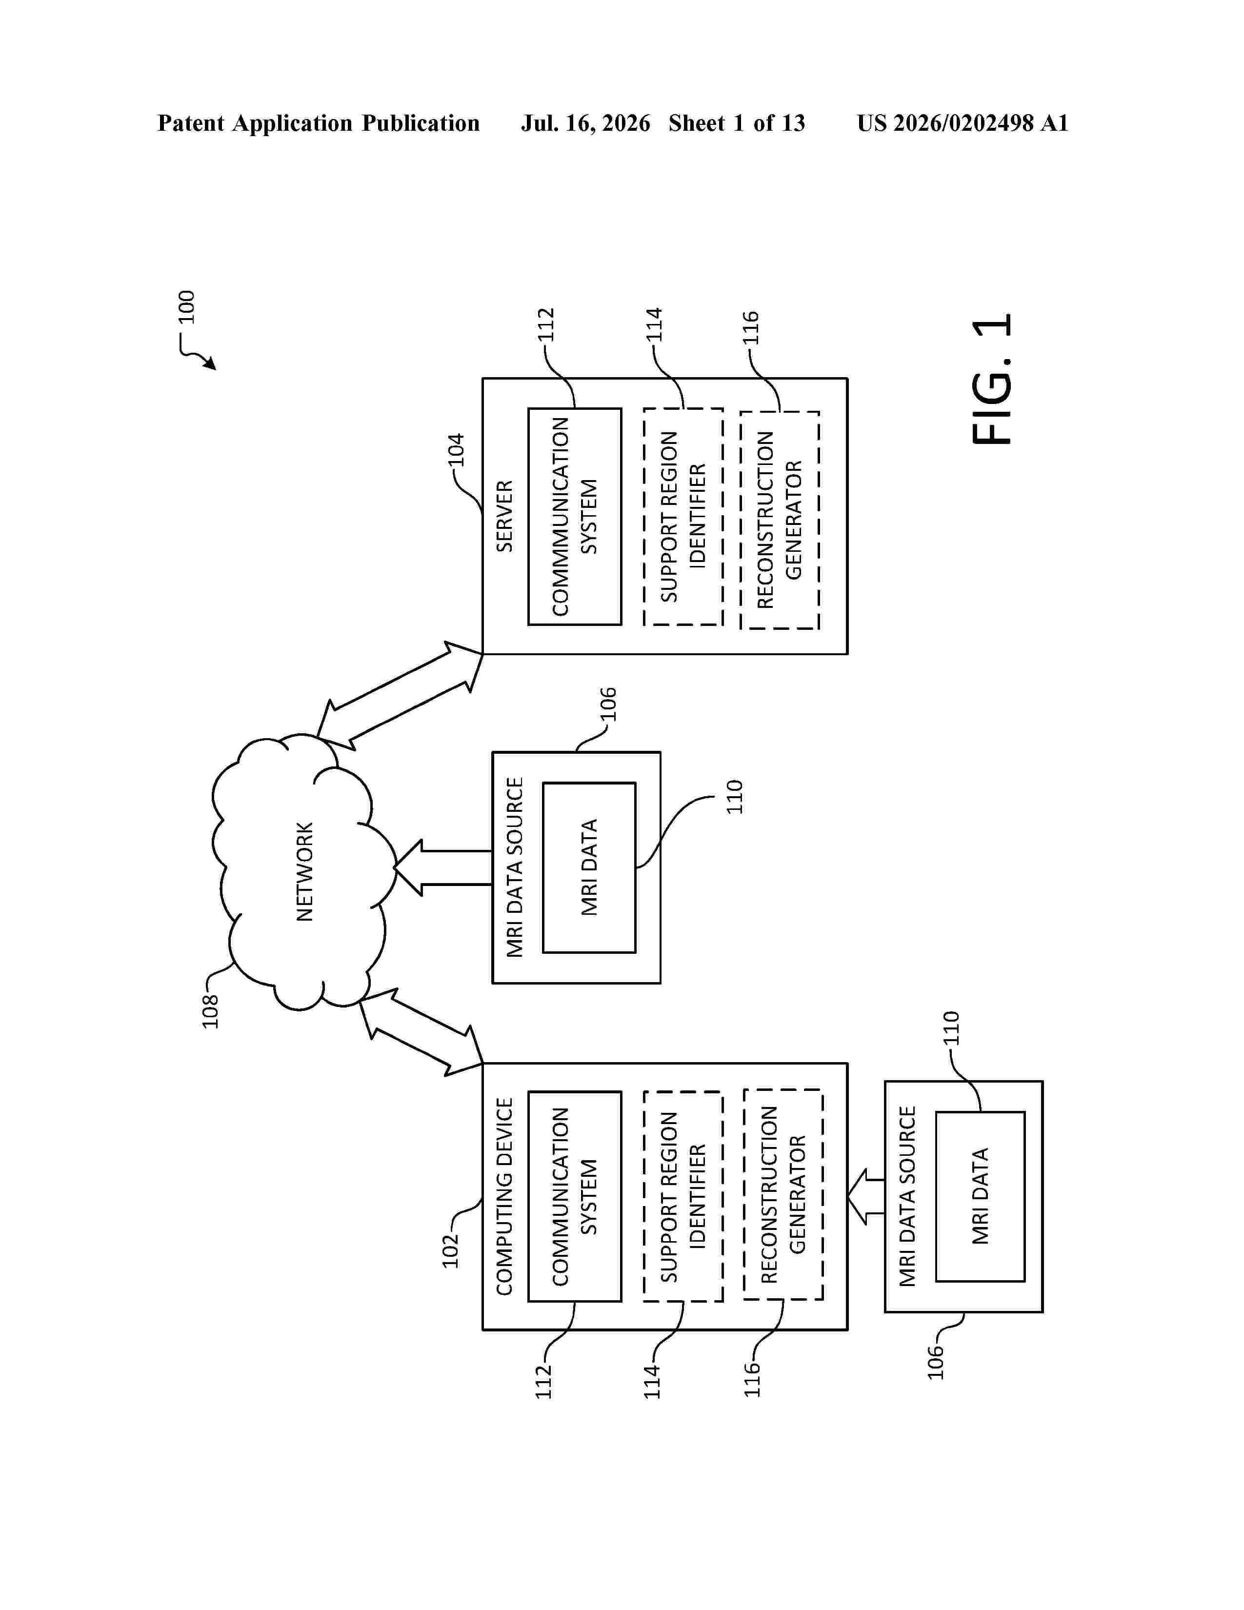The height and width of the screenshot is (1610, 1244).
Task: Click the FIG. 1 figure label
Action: click(x=992, y=379)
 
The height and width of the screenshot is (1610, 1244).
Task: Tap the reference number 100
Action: click(x=186, y=307)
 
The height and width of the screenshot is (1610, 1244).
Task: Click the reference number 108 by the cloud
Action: click(x=210, y=1011)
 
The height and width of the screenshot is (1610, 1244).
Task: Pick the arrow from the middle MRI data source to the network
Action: click(x=443, y=867)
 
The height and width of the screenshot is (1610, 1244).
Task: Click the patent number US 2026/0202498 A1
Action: click(x=963, y=123)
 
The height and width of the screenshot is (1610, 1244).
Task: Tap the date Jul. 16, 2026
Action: click(x=586, y=123)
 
